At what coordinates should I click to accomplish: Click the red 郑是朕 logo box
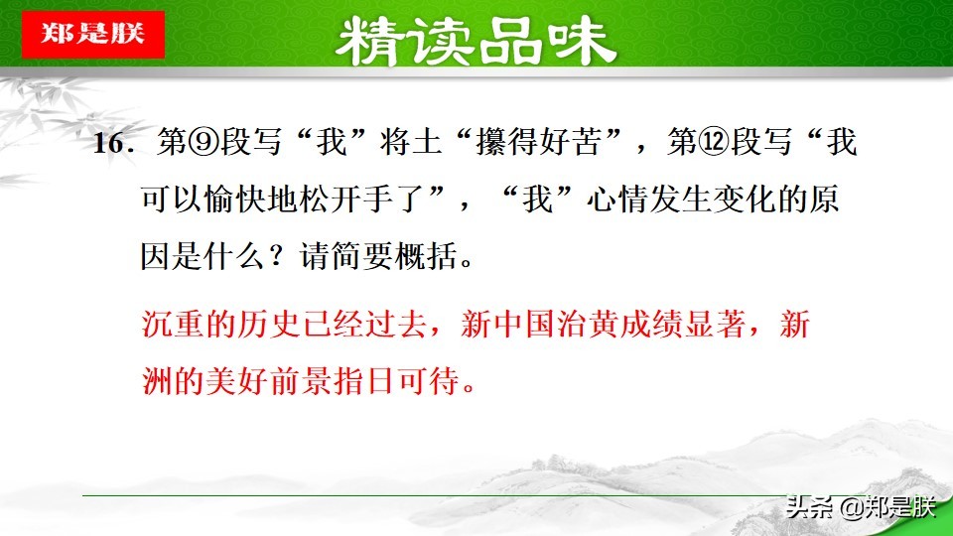[x=91, y=34]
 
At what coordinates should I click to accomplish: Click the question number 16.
[x=113, y=145]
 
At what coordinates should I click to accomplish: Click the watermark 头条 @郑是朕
[x=860, y=508]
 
